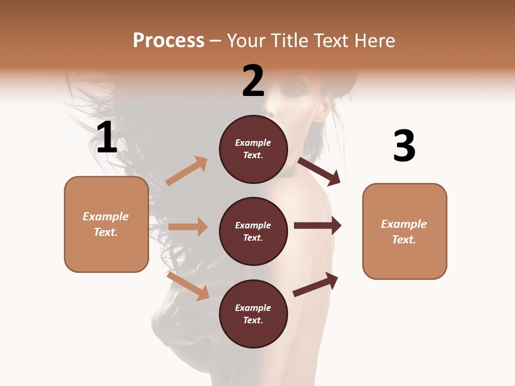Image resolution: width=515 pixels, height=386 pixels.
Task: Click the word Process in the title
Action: [x=168, y=41]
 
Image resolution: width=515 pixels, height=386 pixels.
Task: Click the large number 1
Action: [x=107, y=138]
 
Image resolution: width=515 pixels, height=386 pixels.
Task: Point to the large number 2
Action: [x=253, y=81]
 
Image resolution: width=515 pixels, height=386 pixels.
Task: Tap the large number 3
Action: [x=404, y=146]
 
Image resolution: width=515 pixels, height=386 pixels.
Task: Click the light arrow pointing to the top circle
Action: [x=187, y=171]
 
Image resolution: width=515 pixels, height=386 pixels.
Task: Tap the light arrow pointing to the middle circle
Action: [x=188, y=227]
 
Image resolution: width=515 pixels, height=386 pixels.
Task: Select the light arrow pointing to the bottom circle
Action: [x=188, y=285]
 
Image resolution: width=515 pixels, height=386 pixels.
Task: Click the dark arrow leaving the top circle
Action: [x=319, y=171]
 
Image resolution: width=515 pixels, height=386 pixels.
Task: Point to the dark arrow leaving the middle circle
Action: [x=318, y=226]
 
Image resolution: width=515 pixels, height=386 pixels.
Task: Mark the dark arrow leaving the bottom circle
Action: [x=316, y=284]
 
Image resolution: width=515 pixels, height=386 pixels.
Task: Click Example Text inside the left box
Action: [x=106, y=224]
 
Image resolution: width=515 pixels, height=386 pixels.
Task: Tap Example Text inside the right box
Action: [x=404, y=232]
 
